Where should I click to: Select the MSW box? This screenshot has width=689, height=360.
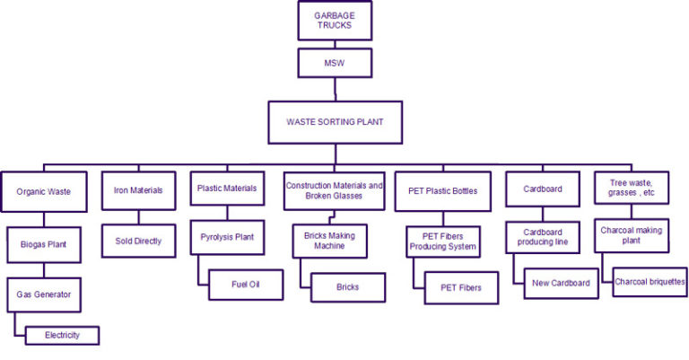coord(335,63)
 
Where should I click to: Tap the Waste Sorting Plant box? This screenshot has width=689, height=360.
coord(335,122)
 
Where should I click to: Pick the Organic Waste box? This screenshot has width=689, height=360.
coord(43,191)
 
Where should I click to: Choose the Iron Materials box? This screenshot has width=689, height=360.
coord(138,189)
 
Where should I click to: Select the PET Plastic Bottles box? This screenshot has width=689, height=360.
coord(443,191)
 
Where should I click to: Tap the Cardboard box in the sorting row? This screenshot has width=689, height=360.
coord(542,189)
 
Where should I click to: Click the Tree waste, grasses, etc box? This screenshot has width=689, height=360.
coord(632,190)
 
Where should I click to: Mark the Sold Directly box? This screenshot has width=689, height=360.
coord(138,241)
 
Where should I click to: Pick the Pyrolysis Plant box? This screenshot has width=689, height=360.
coord(228,238)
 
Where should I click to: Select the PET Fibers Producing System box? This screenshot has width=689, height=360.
coord(443,241)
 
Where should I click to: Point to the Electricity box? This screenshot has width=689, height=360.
coord(63,335)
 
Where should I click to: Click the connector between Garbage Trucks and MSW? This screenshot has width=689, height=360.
coord(335,43)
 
